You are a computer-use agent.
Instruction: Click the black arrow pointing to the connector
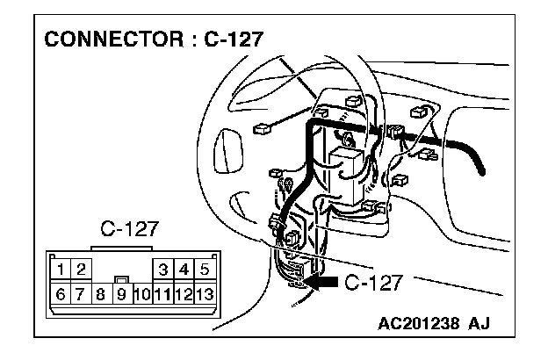pyautogui.click(x=320, y=282)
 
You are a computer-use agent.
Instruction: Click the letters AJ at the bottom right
pyautogui.click(x=479, y=322)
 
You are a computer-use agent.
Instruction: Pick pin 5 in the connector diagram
pyautogui.click(x=204, y=269)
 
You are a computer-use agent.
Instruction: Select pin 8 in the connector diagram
pyautogui.click(x=101, y=292)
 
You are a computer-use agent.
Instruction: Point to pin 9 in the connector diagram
pyautogui.click(x=121, y=292)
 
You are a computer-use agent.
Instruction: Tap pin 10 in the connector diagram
pyautogui.click(x=142, y=292)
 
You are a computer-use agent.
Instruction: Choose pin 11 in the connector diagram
pyautogui.click(x=162, y=292)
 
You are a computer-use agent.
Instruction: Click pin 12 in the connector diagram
pyautogui.click(x=184, y=292)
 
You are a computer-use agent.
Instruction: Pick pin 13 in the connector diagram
pyautogui.click(x=205, y=292)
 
